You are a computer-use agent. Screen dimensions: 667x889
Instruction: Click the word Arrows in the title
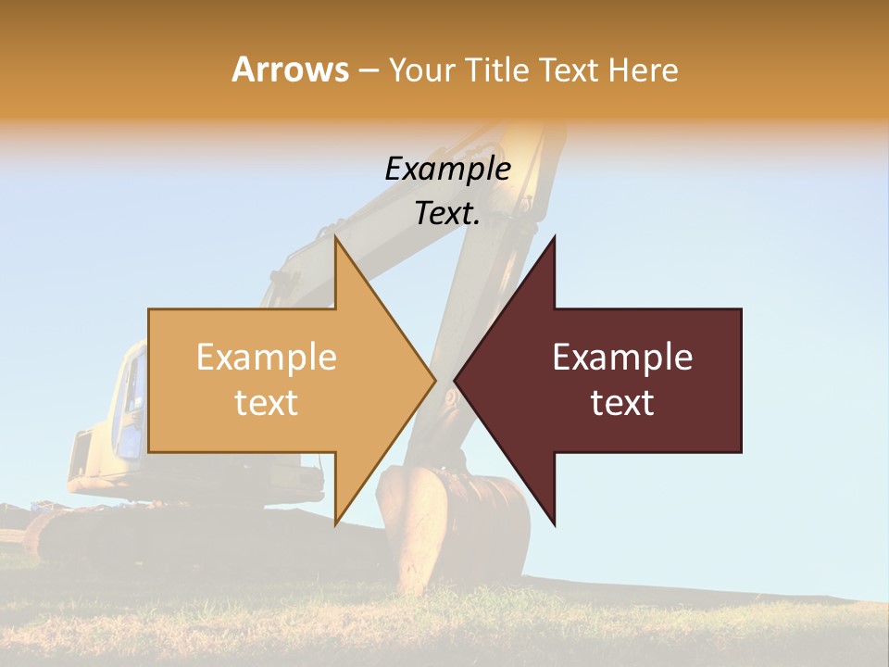tap(291, 70)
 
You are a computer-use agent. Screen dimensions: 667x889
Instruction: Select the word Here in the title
tap(643, 70)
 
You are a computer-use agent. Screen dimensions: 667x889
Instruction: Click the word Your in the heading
tap(421, 70)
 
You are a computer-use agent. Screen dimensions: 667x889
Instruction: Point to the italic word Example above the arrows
tap(447, 169)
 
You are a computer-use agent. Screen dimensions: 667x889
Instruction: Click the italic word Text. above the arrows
tap(447, 213)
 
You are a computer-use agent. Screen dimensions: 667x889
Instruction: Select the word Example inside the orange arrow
tap(266, 358)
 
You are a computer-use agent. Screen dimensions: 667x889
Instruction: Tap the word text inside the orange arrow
tap(266, 403)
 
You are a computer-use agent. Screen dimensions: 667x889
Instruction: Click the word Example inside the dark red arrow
tap(622, 358)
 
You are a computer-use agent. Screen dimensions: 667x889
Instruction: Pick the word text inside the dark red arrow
tap(622, 403)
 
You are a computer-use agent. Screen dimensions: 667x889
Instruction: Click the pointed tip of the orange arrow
tap(434, 380)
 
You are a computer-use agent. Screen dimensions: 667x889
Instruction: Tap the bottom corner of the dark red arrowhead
tap(554, 525)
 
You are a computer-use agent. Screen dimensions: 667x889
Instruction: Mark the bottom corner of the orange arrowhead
tap(336, 524)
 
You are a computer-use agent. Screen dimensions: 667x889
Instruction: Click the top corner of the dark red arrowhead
tap(554, 237)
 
